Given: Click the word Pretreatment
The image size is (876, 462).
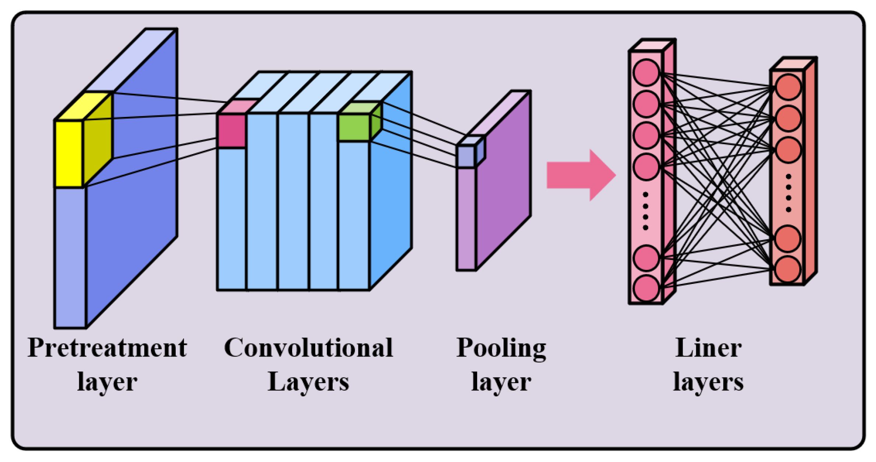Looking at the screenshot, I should pos(107,348).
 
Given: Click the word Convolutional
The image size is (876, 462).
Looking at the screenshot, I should pos(308,348).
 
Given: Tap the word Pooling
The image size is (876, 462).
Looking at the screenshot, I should pos(501,348).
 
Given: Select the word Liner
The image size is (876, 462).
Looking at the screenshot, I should pos(708,348).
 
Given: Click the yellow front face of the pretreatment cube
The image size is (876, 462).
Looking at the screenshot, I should pos(69,153).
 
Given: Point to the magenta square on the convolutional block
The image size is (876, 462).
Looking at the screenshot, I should pos(231,131).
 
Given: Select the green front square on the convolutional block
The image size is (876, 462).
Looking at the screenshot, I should pos(354,128).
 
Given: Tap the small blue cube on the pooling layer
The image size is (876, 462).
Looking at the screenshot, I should pos(466,156).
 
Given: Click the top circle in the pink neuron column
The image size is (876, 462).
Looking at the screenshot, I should pos(646,72).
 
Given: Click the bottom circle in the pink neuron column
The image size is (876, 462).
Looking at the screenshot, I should pos(646,288).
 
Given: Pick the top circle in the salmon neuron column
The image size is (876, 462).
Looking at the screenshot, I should pos(788,87).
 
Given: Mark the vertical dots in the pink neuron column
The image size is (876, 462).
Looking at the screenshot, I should pos(645,211).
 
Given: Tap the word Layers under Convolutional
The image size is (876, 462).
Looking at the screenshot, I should pos(308,382).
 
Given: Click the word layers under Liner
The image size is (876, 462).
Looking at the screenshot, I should pos(708,382).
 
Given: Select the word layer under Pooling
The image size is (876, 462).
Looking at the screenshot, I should pos(501,382).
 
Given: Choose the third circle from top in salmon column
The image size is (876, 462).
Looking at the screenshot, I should pos(788,150).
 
